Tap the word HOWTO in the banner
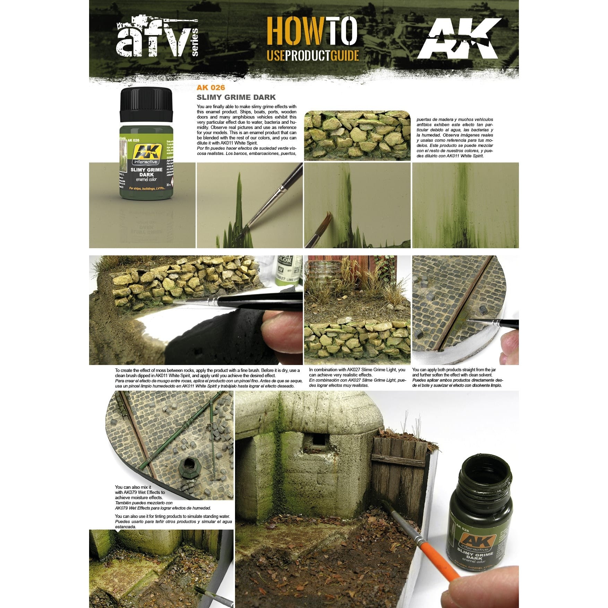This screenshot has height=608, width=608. click(x=311, y=31)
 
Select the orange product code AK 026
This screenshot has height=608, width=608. click(x=210, y=88)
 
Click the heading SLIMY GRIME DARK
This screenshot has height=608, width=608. click(x=236, y=97)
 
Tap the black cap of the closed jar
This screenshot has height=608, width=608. click(x=146, y=104)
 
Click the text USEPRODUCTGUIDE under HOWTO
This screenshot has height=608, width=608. click(x=312, y=55)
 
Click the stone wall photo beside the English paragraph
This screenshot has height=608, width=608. click(x=357, y=136)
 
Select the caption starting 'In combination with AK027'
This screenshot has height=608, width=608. click(x=357, y=377)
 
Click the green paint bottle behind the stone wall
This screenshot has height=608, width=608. click(x=285, y=270)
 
